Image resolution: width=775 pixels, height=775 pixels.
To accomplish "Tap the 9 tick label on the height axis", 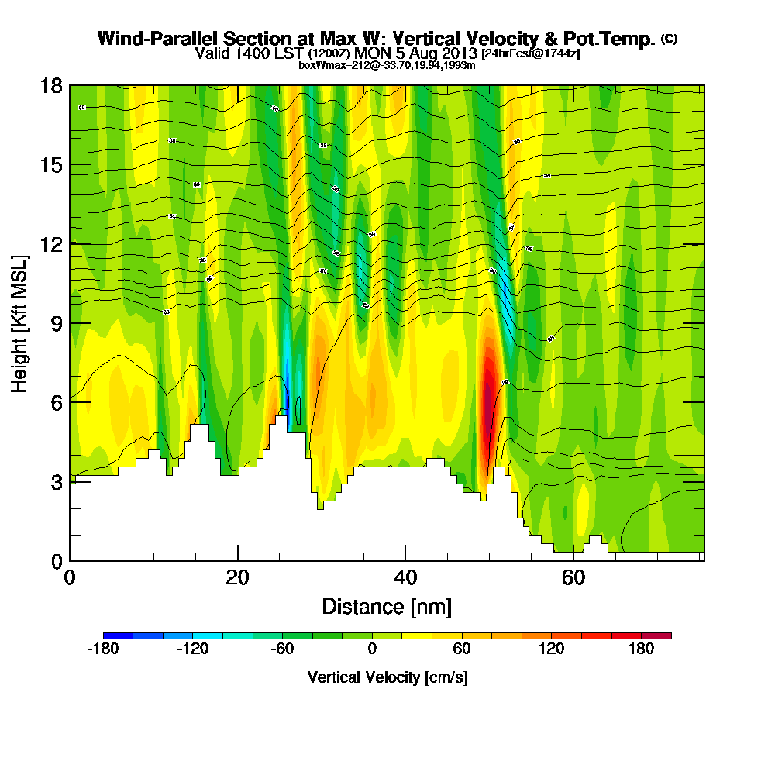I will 56,323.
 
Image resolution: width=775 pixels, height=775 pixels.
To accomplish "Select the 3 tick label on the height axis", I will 56,481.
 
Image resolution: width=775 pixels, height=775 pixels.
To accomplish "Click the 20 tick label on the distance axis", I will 238,578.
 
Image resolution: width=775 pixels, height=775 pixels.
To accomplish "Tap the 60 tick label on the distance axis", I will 573,578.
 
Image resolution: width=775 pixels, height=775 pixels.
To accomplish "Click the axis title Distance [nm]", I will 387,606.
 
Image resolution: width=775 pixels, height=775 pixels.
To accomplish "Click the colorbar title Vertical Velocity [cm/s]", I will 387,677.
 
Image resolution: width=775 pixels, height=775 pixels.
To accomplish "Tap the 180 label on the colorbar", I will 642,649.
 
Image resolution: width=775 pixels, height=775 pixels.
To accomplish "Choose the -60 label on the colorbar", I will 283,649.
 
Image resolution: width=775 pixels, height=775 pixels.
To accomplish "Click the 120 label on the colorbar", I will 552,649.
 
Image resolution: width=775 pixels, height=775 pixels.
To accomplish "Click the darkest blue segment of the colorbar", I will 118,635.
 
